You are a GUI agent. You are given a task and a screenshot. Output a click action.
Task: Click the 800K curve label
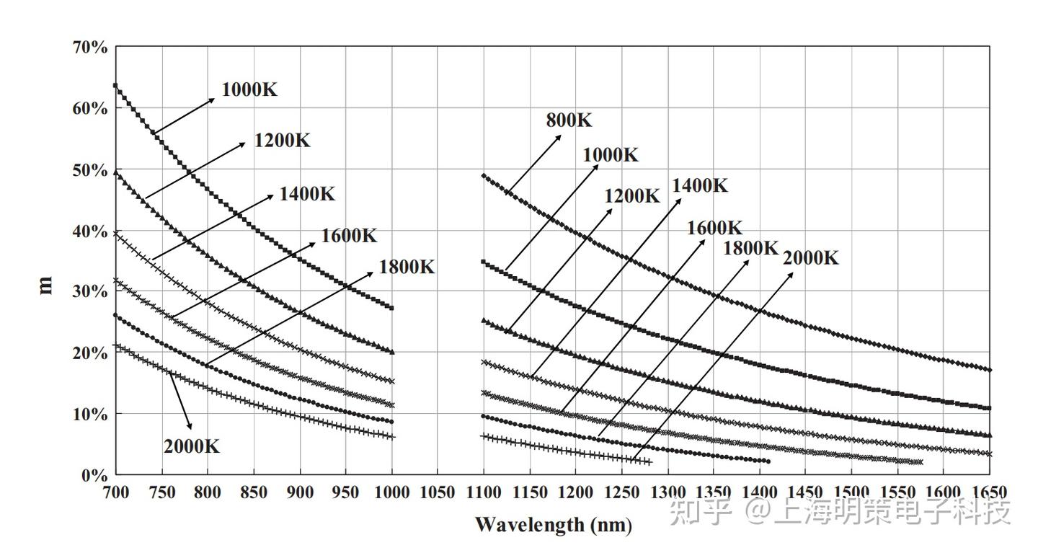point(569,120)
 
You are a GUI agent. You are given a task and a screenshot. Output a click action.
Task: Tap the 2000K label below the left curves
point(191,446)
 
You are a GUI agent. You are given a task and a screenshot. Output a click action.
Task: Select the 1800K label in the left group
point(407,267)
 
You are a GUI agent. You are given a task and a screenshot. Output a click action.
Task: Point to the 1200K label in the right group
point(631,196)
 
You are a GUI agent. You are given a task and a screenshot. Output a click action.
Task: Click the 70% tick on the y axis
point(90,48)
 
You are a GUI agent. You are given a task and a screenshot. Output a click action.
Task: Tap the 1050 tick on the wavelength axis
point(437,493)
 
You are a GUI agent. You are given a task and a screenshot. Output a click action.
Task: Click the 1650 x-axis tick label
point(990,493)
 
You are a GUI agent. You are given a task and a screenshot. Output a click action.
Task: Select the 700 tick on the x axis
point(115,493)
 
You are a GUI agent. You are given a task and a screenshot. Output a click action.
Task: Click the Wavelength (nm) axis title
point(553,524)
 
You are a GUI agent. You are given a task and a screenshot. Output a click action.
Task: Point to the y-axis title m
point(45,286)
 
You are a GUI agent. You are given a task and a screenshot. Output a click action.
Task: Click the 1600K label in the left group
point(349,236)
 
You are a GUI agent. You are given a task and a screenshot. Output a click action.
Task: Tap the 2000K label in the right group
point(810,258)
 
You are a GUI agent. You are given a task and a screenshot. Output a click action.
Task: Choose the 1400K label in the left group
point(307,194)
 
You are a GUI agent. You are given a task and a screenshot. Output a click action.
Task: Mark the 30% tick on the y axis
point(90,292)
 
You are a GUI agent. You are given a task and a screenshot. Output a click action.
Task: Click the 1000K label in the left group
point(249,90)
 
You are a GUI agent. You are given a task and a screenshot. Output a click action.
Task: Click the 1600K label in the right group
point(714,228)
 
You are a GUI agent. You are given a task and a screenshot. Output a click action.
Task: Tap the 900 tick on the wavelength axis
point(299,493)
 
